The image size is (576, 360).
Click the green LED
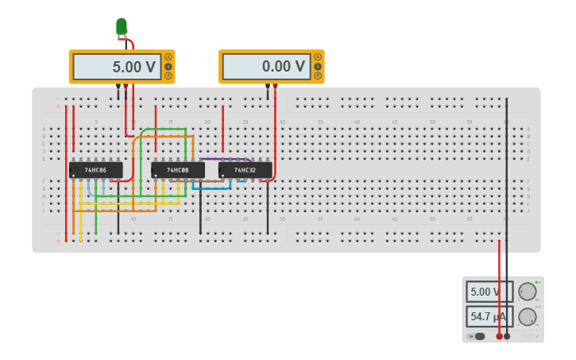click(x=121, y=25)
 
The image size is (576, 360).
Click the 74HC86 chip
click(x=96, y=170)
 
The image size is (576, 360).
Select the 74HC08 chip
click(x=179, y=170)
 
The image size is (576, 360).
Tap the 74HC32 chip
click(x=245, y=170)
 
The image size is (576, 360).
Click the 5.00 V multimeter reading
click(x=115, y=67)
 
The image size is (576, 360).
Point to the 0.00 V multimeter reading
click(x=265, y=67)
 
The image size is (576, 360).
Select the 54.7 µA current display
click(x=486, y=317)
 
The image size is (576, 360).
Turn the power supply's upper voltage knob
click(x=526, y=292)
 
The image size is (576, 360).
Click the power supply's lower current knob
click(x=526, y=317)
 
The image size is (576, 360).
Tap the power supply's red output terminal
click(x=499, y=336)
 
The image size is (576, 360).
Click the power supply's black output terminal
click(x=507, y=336)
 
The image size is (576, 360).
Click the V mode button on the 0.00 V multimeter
click(x=318, y=67)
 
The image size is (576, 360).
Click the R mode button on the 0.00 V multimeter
click(x=318, y=76)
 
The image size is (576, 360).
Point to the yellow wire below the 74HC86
click(x=81, y=211)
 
